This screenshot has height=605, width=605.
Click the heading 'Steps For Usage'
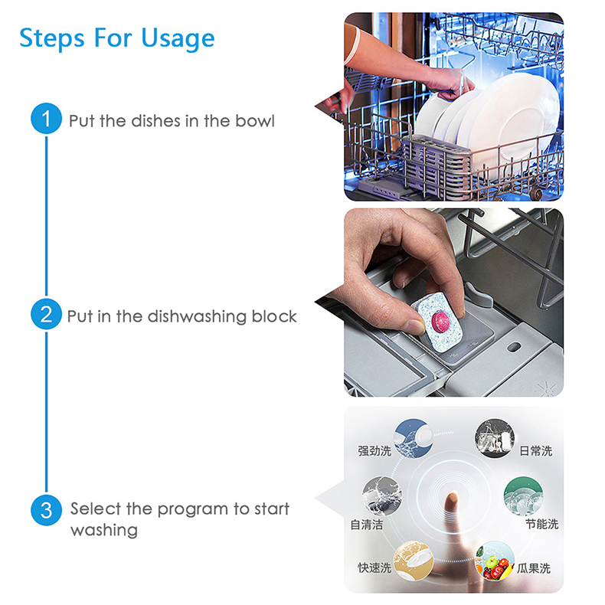click(x=116, y=38)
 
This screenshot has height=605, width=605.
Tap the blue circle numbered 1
click(x=46, y=119)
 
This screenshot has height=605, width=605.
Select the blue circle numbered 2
click(x=46, y=315)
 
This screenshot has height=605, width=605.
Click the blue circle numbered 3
click(x=46, y=510)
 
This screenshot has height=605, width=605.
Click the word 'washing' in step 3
click(x=104, y=530)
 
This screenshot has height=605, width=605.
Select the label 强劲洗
click(x=374, y=451)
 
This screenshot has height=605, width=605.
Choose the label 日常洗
click(x=535, y=451)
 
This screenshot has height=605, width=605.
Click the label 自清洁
click(x=366, y=525)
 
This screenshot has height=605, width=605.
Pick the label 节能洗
click(x=541, y=524)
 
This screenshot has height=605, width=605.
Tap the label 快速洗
click(x=374, y=567)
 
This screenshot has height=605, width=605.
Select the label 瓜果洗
click(x=533, y=568)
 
